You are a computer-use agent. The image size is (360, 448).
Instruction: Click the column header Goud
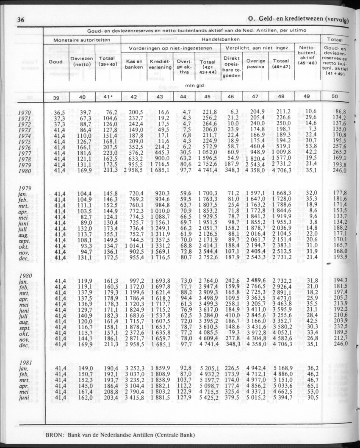click(x=56, y=61)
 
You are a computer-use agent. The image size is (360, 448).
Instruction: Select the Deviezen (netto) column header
click(x=82, y=61)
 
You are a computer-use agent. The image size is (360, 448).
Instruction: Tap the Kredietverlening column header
click(x=161, y=64)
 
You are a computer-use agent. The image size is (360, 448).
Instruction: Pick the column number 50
click(x=335, y=97)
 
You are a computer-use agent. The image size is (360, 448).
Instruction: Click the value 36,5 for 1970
click(x=60, y=112)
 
